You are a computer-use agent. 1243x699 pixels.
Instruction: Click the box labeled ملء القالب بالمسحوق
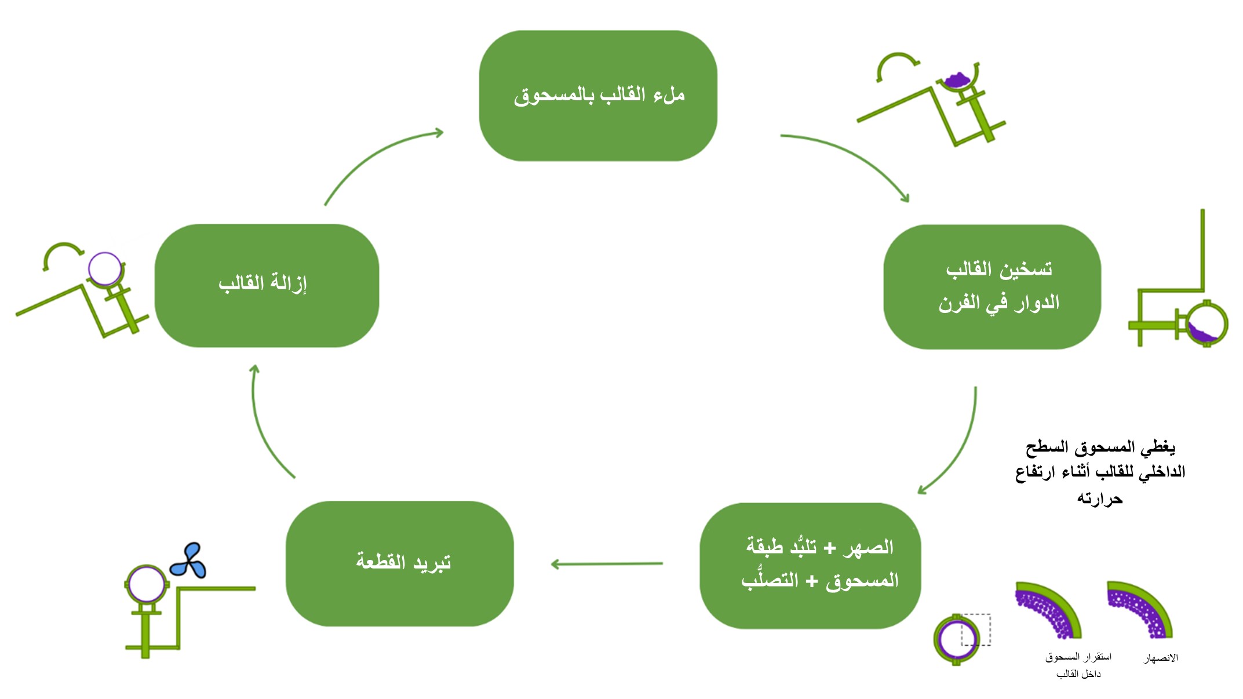(x=598, y=96)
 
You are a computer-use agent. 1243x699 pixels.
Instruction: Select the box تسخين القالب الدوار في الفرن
(x=992, y=287)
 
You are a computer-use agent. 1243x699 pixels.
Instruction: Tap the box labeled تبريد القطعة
(x=400, y=563)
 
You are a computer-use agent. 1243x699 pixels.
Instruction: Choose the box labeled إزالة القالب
(x=267, y=286)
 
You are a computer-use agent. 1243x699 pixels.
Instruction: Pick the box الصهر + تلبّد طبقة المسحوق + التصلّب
(x=810, y=565)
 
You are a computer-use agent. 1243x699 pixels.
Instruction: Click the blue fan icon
(x=188, y=560)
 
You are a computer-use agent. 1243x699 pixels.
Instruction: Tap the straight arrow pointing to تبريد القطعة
(x=607, y=563)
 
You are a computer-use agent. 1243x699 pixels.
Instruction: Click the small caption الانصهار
(x=1161, y=658)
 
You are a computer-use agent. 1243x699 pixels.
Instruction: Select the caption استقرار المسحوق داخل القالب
(x=1078, y=665)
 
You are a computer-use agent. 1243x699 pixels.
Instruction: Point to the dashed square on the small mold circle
(x=976, y=629)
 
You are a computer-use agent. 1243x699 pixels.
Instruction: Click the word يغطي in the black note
(x=1158, y=447)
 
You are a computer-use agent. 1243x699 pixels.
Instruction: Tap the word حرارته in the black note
(x=1100, y=498)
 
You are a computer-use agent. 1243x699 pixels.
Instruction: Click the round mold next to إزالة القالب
(x=105, y=268)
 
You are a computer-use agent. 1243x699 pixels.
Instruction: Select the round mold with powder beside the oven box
(x=1206, y=323)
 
